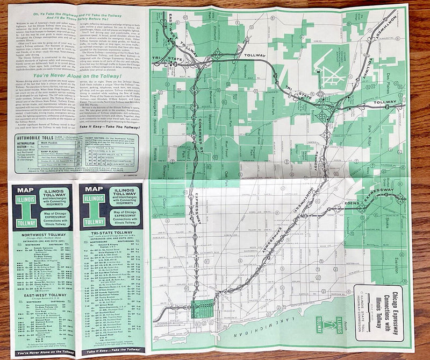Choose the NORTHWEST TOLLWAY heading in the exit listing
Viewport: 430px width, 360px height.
[x=42, y=235]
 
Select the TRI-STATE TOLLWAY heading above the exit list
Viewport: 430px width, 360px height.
[x=112, y=235]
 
